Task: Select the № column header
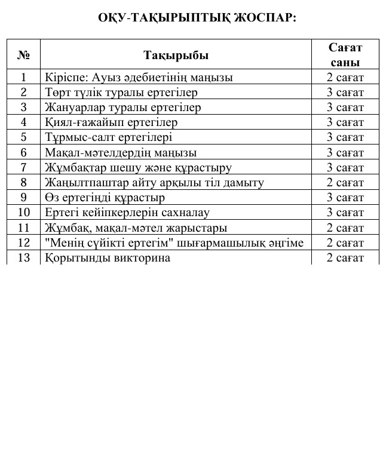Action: tap(24, 56)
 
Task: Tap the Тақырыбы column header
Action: tap(176, 56)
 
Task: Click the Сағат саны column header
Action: tap(345, 56)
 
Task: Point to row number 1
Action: tap(24, 77)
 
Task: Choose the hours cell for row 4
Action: tap(345, 122)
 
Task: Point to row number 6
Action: tap(24, 153)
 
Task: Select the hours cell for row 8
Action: tap(345, 183)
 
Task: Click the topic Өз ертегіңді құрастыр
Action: tap(105, 198)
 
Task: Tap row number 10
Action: tap(24, 213)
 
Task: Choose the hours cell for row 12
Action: tap(345, 243)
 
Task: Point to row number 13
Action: tap(24, 258)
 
